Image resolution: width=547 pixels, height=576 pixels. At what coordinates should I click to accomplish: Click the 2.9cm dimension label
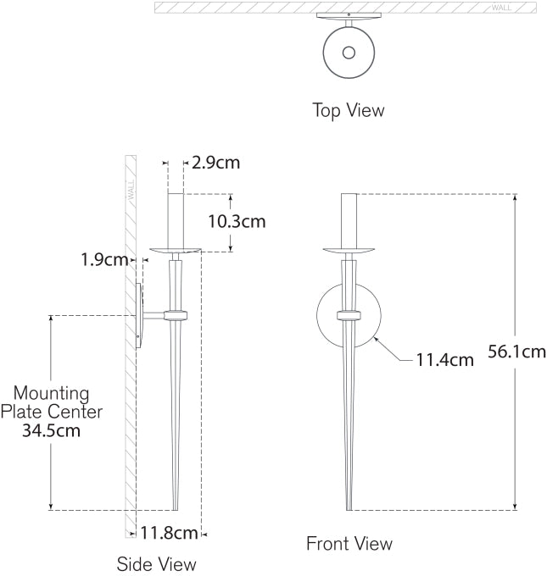tap(215, 163)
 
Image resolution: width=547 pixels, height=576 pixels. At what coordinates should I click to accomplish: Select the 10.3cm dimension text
tap(237, 222)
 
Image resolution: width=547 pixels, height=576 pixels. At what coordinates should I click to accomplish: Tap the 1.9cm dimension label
tap(104, 259)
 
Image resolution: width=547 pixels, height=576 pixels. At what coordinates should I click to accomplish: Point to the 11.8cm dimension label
tap(169, 533)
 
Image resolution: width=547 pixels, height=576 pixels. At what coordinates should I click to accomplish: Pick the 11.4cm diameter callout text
tap(444, 360)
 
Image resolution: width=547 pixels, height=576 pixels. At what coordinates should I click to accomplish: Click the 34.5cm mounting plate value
tap(51, 431)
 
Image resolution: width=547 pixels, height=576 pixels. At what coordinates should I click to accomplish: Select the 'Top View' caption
tap(348, 110)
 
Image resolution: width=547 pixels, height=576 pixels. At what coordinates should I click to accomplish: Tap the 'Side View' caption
tap(156, 563)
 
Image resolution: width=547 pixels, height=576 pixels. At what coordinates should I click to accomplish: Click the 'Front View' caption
tap(349, 544)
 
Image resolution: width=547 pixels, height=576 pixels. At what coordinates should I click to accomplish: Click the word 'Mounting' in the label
tap(51, 393)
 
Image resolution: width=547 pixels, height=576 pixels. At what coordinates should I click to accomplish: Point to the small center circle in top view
tap(349, 53)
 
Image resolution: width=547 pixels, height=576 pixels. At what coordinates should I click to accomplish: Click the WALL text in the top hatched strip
tap(502, 8)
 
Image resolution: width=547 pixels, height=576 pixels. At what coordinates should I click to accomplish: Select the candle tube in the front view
tap(349, 219)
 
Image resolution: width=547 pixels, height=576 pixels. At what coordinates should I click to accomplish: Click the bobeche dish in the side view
tap(175, 250)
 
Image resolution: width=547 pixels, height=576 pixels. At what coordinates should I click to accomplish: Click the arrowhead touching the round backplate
tap(375, 341)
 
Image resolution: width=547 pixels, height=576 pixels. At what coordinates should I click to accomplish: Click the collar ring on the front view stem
tap(349, 316)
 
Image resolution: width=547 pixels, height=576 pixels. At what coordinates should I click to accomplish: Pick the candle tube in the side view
tap(176, 219)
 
